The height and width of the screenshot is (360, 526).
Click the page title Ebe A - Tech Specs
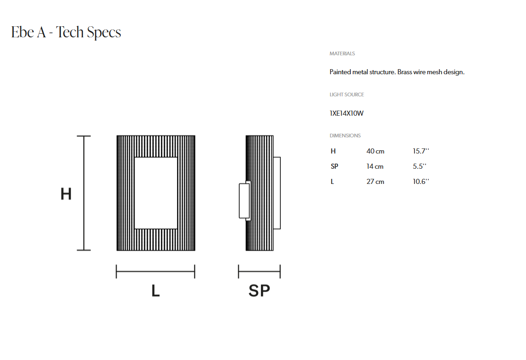[66, 33]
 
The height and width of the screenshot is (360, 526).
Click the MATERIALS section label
[342, 53]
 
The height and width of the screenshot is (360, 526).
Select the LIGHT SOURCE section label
[347, 94]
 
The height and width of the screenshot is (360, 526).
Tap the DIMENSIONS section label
[345, 136]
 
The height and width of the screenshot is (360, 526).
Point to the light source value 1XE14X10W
[347, 113]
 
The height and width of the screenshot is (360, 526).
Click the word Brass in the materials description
[405, 72]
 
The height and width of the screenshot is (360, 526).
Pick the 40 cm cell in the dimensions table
[375, 151]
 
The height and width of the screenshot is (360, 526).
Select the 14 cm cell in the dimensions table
[375, 166]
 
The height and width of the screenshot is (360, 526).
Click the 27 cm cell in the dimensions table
[375, 182]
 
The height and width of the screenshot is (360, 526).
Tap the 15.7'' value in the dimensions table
[421, 151]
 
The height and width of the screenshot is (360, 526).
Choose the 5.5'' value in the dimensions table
[420, 166]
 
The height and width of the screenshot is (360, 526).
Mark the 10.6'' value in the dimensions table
[421, 181]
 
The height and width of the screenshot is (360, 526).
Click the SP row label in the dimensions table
[334, 166]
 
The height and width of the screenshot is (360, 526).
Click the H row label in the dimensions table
[333, 151]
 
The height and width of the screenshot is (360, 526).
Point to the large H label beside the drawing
[66, 194]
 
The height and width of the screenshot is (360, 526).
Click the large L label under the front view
[156, 290]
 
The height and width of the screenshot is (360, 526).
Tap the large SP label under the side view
[259, 290]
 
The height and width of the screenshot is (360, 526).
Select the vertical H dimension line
[84, 193]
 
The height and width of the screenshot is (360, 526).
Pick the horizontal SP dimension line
[259, 271]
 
